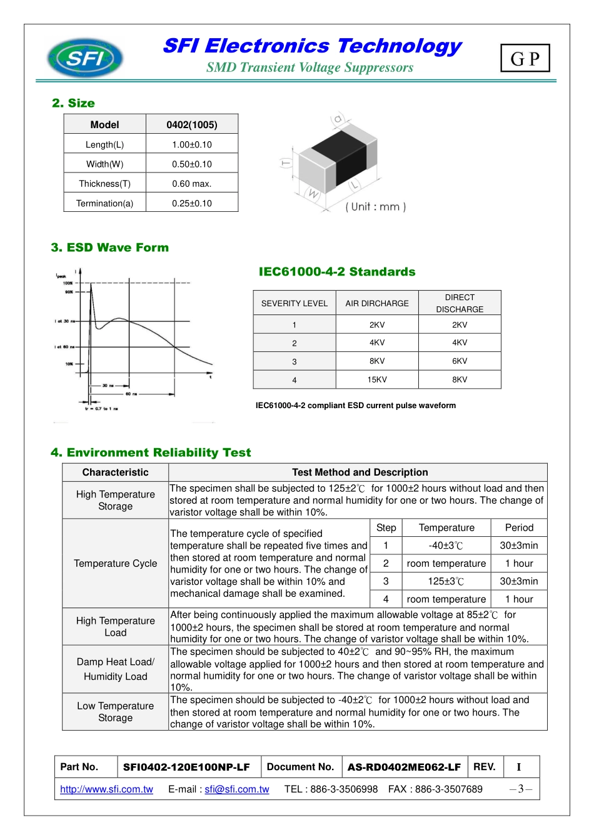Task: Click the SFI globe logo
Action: tap(85, 58)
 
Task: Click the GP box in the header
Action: tap(525, 59)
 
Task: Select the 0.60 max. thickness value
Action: tap(192, 184)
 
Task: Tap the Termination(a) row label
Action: tap(104, 203)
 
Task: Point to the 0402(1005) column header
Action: tap(192, 124)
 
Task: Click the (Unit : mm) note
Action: tap(376, 207)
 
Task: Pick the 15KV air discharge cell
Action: tap(377, 379)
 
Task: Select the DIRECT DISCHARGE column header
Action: tap(460, 303)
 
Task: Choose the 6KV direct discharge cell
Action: tap(460, 361)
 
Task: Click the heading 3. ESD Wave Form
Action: tap(110, 247)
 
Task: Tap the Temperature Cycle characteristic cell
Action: tap(116, 563)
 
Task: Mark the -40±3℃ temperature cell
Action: tap(446, 546)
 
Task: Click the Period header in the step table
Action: tap(519, 527)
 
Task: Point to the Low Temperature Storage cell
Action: tap(116, 711)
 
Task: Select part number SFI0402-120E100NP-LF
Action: tap(186, 767)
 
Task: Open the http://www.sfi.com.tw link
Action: tap(106, 789)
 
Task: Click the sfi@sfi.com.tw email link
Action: tap(237, 789)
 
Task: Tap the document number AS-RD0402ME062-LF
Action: tap(404, 767)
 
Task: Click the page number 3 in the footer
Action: tap(521, 789)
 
